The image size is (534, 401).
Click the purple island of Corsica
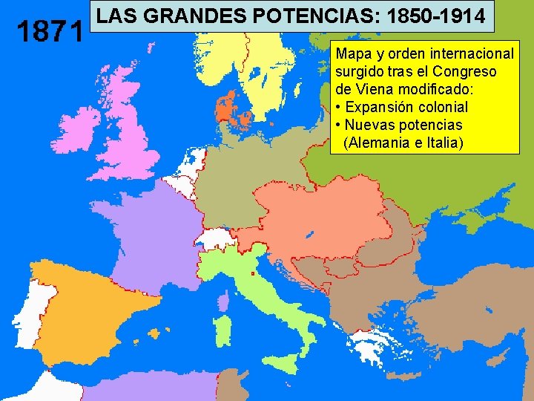[x=223, y=300]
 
